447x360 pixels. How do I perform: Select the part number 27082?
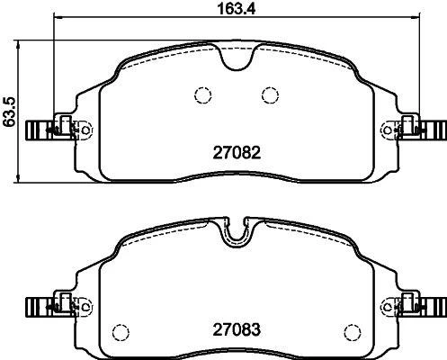(236, 154)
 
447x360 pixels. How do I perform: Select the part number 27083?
(236, 329)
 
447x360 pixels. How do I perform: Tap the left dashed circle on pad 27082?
(201, 94)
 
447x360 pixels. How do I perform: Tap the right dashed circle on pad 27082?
(269, 94)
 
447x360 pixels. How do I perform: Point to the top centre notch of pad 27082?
(236, 59)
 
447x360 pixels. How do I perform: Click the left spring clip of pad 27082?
(39, 130)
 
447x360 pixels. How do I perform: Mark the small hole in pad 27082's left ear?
(86, 130)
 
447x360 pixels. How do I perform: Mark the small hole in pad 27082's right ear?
(387, 130)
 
